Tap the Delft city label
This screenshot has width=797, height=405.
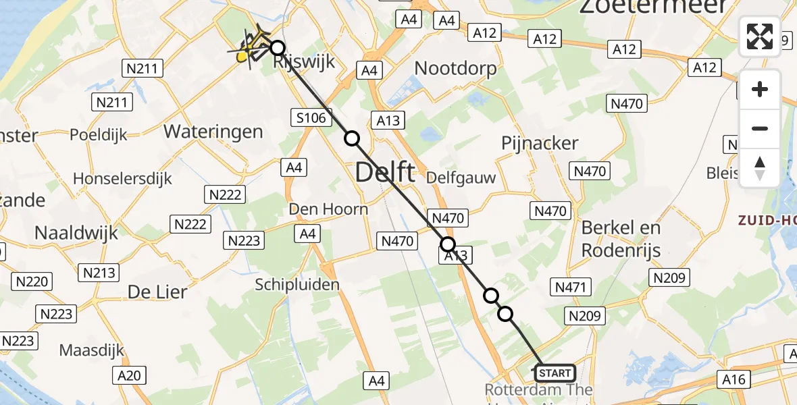point(384,173)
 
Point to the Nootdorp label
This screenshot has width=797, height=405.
point(455,68)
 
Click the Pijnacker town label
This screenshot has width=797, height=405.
point(540,143)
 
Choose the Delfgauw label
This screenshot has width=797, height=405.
point(461,178)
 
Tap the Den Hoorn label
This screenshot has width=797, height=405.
point(328,209)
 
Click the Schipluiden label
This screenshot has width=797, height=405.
point(297,285)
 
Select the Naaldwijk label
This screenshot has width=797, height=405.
point(76,233)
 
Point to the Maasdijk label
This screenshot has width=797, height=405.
point(93,351)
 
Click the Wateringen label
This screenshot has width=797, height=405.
point(213,131)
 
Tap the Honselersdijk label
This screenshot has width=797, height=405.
point(122,179)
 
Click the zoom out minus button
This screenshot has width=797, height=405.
point(760,128)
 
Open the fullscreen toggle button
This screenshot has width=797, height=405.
point(760,36)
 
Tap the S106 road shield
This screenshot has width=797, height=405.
point(311,118)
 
